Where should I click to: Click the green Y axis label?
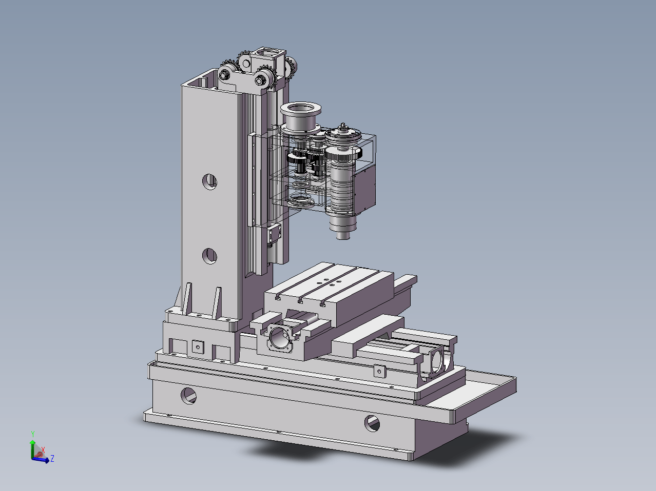click(x=33, y=434)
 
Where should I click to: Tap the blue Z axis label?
click(x=52, y=459)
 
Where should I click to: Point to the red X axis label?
click(x=43, y=450)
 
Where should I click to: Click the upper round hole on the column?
click(x=209, y=181)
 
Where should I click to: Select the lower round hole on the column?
click(x=209, y=256)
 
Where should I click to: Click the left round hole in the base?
click(x=189, y=396)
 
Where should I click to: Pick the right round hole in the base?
click(x=372, y=423)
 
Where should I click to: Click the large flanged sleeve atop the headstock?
click(x=301, y=118)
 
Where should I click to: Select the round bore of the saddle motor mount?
click(x=279, y=339)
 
